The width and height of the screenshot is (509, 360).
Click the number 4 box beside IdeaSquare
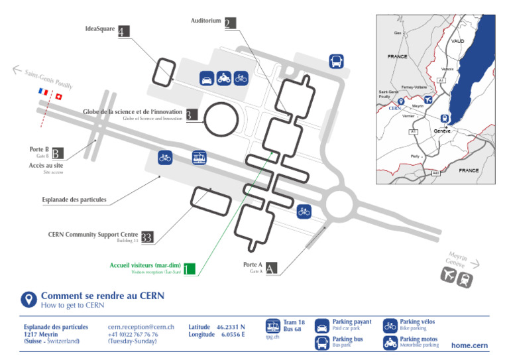124,30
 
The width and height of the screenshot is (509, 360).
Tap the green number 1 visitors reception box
190,269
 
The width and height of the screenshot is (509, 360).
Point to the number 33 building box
147,237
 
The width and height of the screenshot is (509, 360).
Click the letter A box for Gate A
271,269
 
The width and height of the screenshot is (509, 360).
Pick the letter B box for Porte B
58,152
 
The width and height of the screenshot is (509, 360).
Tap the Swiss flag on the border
58,97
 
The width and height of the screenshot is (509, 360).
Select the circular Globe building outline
221,119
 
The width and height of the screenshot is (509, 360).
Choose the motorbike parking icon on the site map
224,78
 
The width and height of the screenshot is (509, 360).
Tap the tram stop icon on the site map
199,158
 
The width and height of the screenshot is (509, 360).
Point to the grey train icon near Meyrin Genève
465,279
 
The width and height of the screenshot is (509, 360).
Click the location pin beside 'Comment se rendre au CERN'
28,300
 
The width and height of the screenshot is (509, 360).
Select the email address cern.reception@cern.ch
141,327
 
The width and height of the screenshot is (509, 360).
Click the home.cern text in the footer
469,345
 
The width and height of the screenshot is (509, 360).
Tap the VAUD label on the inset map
457,41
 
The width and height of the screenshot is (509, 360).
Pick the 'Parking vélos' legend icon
390,326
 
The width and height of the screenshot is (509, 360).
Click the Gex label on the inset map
398,32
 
